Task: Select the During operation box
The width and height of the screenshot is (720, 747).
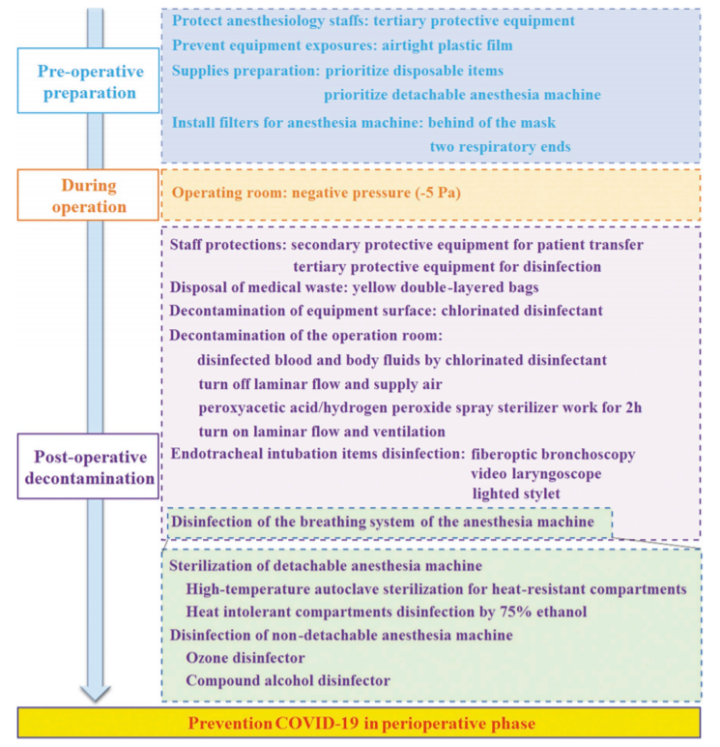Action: click(x=91, y=194)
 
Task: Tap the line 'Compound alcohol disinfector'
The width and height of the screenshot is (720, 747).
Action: click(x=288, y=680)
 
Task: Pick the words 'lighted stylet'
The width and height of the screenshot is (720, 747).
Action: click(x=517, y=493)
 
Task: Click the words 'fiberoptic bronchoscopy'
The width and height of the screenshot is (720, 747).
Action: click(x=553, y=453)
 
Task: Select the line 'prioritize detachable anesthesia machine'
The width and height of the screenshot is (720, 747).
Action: click(x=462, y=94)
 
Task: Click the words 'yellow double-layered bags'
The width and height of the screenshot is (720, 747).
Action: click(x=457, y=286)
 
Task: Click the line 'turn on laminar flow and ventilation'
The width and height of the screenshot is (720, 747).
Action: click(x=321, y=431)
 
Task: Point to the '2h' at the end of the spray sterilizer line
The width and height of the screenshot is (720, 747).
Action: click(x=632, y=407)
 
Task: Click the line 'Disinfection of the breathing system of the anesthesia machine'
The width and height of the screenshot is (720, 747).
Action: click(x=389, y=523)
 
